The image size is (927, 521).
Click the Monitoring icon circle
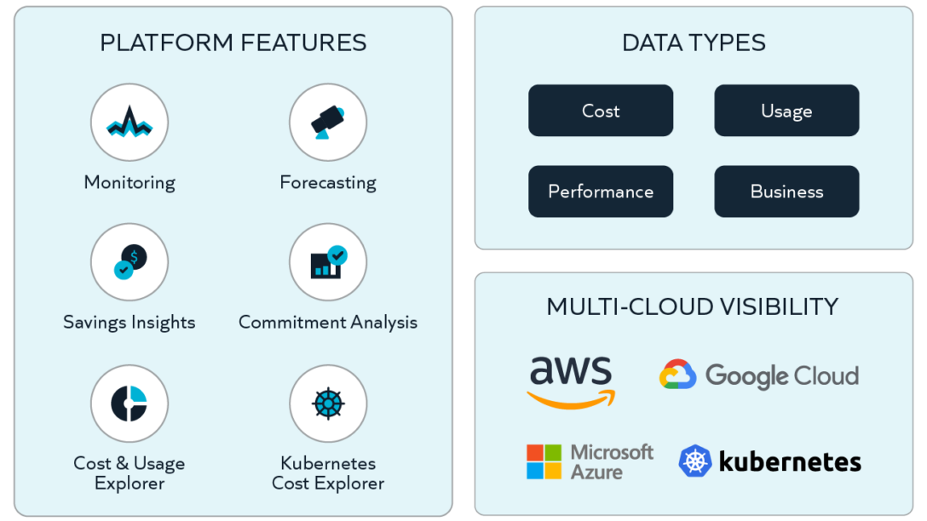coord(130,123)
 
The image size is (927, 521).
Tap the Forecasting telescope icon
coord(328,123)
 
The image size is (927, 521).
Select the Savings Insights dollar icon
coord(130,262)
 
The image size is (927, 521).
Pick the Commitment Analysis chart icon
coord(328,262)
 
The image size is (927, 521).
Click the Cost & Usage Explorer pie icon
coord(130,404)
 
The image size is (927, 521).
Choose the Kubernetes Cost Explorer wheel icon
coord(328,404)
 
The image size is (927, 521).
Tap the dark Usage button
coord(786,111)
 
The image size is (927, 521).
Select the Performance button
coord(601,192)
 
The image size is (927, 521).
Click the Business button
coord(786,192)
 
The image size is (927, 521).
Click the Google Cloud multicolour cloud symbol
coord(678,375)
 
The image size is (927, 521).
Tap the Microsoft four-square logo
coord(544,461)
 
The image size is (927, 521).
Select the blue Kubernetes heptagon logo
coord(695,461)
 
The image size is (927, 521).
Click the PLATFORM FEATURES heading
coord(233,43)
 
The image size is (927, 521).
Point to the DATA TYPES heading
coord(694,43)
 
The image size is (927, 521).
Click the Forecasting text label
coord(328,182)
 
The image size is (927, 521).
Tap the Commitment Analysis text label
coord(328,322)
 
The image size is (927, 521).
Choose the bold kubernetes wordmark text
coord(790,462)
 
